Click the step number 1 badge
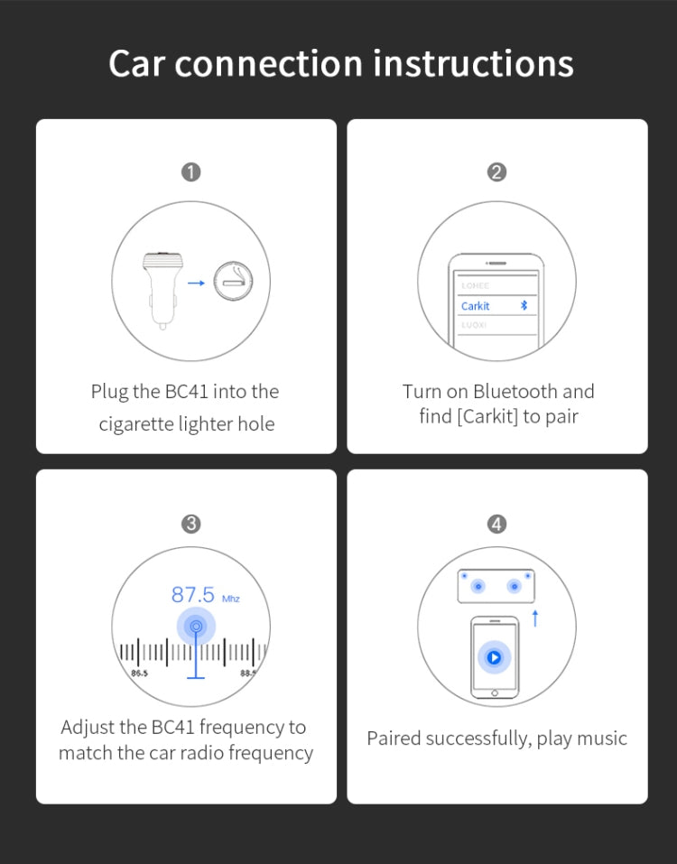(x=190, y=172)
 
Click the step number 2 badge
(x=496, y=172)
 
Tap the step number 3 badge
(x=190, y=524)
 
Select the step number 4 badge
(x=496, y=524)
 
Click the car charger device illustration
(x=162, y=283)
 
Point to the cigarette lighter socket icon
(x=233, y=283)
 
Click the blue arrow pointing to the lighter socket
(x=196, y=283)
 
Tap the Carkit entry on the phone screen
(x=476, y=306)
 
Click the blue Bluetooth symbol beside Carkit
(x=524, y=305)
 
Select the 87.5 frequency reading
(x=193, y=595)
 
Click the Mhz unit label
(x=231, y=599)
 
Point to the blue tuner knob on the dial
(x=196, y=626)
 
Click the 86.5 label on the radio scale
(x=140, y=674)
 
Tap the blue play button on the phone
(x=494, y=657)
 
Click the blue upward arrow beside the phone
(x=535, y=618)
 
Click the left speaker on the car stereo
(x=478, y=586)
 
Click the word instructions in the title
(x=473, y=64)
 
